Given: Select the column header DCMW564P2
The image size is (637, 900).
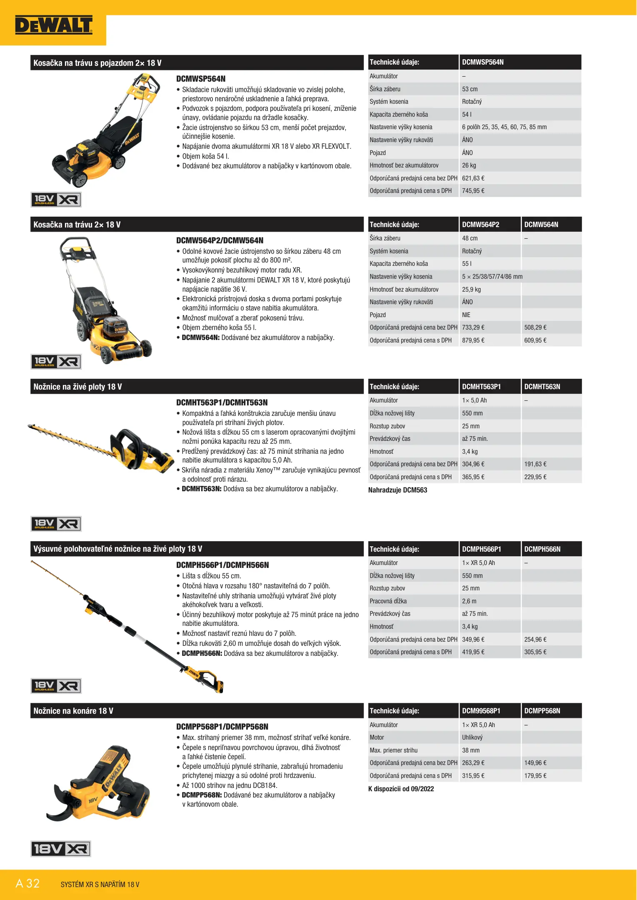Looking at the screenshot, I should coord(480,225).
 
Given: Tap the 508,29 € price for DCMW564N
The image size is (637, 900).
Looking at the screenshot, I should coord(535,327).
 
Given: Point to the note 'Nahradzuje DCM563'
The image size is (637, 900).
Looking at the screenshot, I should coord(397,490).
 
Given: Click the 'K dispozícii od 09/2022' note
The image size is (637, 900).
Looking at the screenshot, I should coord(401,789).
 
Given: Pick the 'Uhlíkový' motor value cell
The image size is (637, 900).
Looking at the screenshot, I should coord(472,737).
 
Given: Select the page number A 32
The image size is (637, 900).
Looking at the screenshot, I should coord(27,883).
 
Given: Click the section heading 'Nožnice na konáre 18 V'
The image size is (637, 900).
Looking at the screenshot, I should coord(73,711).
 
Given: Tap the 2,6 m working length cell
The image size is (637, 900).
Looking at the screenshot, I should coord(469,601).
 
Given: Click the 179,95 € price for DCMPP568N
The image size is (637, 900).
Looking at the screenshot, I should coord(535,776).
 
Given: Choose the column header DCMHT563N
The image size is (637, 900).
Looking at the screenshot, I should coord(542,387).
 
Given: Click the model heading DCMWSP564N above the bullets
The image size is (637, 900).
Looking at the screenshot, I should coord(200,79).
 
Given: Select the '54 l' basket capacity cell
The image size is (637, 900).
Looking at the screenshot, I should coord(467,115).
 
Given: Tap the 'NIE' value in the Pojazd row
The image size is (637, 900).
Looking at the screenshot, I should coord(466,315).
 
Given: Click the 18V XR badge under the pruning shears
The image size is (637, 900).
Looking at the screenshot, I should coord(61,849).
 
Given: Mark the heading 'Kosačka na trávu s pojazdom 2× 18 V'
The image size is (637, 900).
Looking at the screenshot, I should coord(97,63).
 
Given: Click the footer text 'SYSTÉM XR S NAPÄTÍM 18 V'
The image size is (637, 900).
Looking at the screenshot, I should coord(100,884).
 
